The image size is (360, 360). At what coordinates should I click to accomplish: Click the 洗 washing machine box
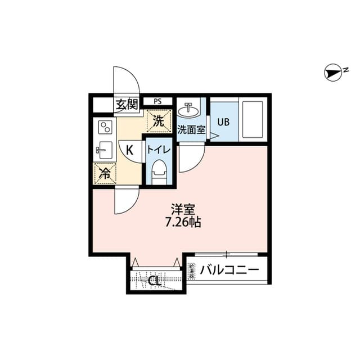[x=159, y=120]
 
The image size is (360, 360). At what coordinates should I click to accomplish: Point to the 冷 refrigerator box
[x=105, y=173]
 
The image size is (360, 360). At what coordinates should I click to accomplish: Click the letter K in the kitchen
[x=129, y=150]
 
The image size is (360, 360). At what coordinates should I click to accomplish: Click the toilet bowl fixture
[x=160, y=170]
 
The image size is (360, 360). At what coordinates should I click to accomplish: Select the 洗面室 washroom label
[x=191, y=129]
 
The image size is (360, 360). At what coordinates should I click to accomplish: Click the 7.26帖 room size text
[x=183, y=222]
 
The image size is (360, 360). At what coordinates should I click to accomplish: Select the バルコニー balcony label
[x=229, y=269]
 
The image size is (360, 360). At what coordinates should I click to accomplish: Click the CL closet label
[x=155, y=280]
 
